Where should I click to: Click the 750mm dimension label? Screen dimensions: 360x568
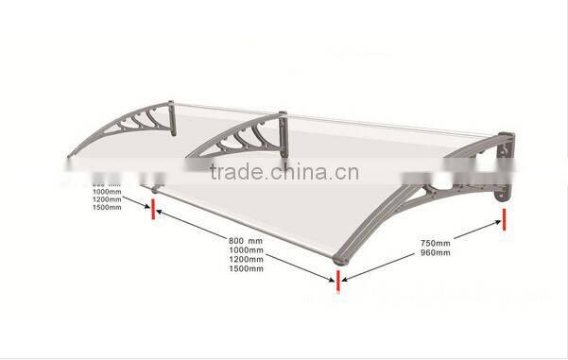click(x=437, y=243)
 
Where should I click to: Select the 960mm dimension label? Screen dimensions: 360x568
click(x=437, y=252)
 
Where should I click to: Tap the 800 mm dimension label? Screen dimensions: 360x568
click(x=246, y=240)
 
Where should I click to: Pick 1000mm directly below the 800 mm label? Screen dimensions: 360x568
click(x=246, y=249)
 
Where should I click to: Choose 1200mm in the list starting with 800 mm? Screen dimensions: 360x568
click(x=246, y=259)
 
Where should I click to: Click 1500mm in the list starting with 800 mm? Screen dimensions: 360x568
click(x=246, y=268)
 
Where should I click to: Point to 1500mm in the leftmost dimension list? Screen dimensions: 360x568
click(x=108, y=207)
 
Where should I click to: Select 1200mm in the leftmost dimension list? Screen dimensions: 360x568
click(x=108, y=198)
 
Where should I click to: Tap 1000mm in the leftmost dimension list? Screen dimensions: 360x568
click(x=108, y=190)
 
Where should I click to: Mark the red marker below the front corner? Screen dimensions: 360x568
click(x=336, y=281)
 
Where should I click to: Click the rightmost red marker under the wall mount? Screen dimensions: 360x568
click(x=505, y=220)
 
